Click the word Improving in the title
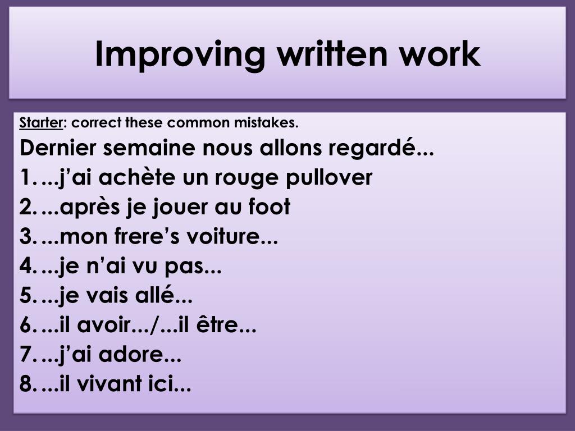(x=180, y=55)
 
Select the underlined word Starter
(x=41, y=122)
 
